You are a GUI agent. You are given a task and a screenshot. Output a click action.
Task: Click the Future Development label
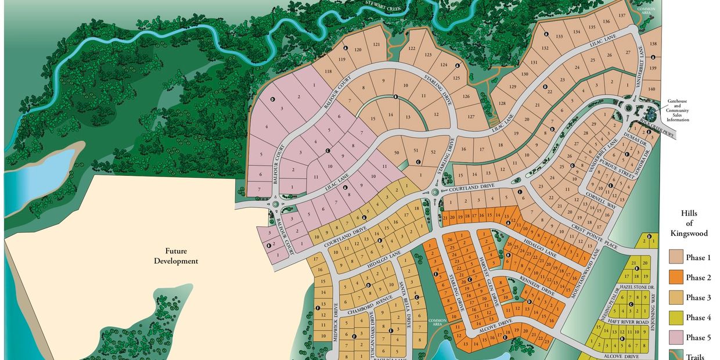tap(176, 256)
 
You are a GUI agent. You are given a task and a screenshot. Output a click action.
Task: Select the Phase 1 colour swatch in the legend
tap(675, 257)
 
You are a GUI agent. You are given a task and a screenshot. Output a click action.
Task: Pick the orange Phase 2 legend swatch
tap(675, 277)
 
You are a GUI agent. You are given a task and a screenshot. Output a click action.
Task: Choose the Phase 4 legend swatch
tap(675, 317)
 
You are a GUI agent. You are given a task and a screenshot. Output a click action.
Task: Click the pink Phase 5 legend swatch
tap(675, 337)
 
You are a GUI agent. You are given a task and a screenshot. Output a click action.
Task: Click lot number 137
tap(621, 16)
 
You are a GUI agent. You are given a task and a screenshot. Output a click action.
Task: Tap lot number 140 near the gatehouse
tap(651, 89)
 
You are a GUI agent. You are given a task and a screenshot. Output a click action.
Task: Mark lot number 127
tap(471, 116)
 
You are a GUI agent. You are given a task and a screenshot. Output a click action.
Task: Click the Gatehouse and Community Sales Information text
tap(677, 110)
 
